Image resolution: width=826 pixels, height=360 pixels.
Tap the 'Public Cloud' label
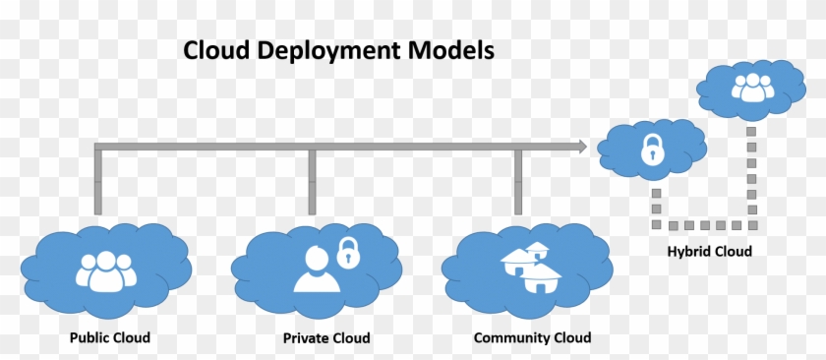(x=110, y=337)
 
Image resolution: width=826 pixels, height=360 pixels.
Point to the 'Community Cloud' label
(x=532, y=337)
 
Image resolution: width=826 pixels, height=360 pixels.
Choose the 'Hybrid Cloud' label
(x=709, y=252)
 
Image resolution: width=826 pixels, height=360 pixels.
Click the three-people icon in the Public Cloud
(x=103, y=270)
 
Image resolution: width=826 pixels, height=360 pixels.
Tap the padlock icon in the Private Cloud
(x=346, y=253)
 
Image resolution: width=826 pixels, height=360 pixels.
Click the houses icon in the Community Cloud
(x=529, y=267)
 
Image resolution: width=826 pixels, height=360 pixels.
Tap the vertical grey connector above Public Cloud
(x=97, y=182)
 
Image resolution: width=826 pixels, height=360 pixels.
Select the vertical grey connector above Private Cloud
(x=312, y=182)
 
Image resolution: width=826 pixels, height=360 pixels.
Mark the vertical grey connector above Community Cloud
(x=518, y=182)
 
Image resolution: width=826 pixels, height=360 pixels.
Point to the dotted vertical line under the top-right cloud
(x=751, y=172)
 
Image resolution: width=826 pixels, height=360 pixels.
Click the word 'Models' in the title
(x=451, y=50)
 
